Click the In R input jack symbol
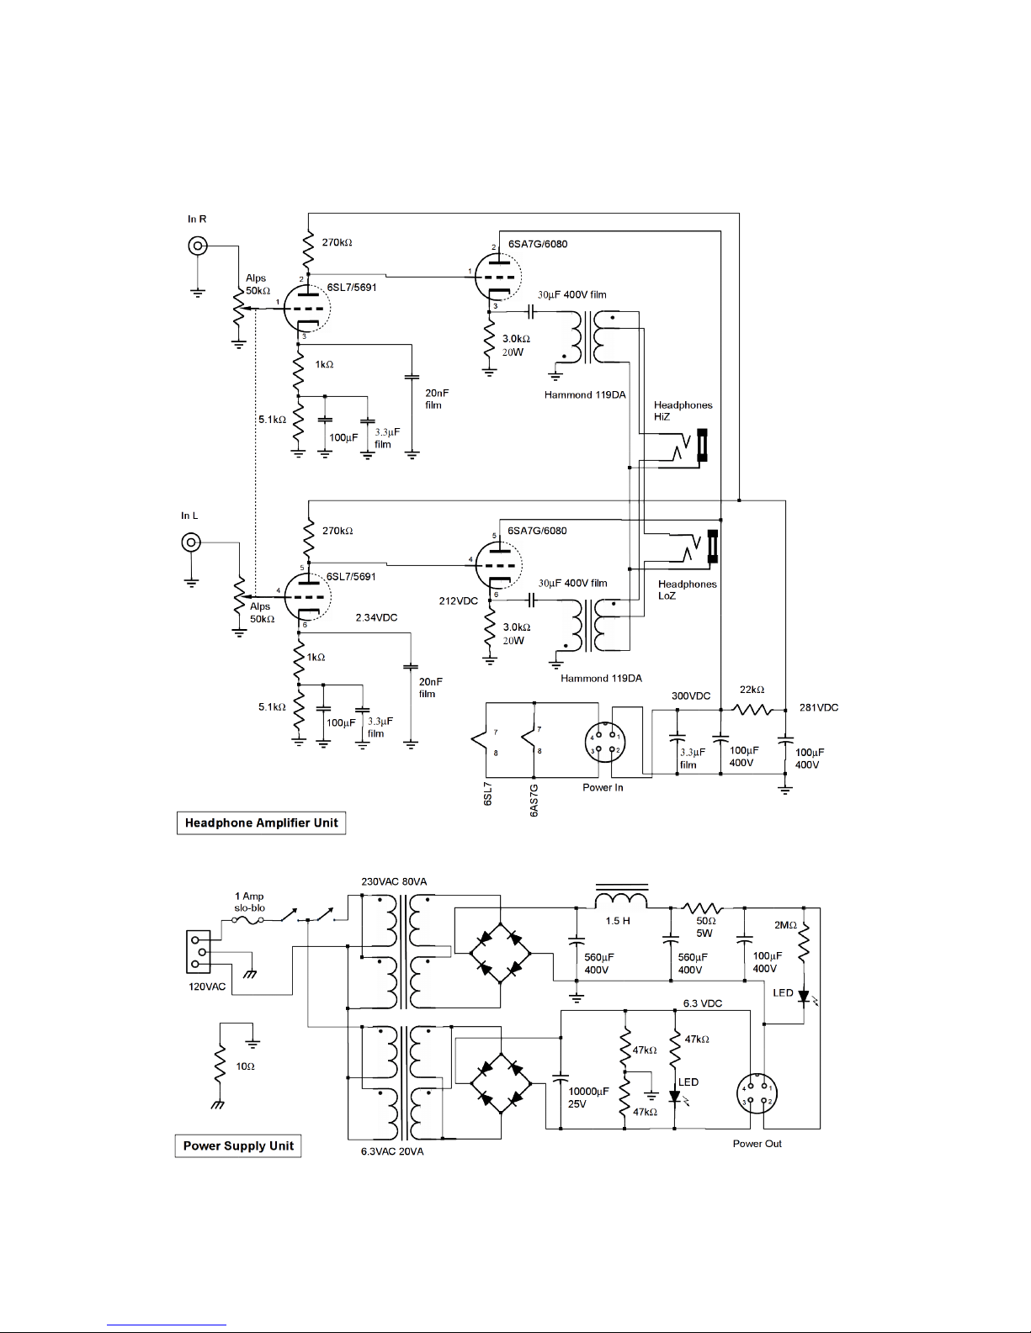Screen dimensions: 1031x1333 click(197, 246)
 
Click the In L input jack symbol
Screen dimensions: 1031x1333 click(191, 543)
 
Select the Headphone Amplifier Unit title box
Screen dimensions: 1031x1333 click(262, 823)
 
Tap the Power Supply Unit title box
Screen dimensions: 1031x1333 click(238, 1145)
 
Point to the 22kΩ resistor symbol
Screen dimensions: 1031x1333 click(753, 711)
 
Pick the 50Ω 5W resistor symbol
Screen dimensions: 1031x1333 click(702, 907)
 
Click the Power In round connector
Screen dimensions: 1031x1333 click(605, 743)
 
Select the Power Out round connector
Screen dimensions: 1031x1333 click(757, 1093)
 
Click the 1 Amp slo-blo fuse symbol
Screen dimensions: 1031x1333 click(248, 919)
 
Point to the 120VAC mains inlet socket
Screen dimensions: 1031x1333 click(199, 951)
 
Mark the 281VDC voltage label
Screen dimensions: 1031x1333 click(819, 707)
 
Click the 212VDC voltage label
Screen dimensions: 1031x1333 click(458, 600)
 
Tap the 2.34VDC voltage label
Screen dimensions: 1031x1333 click(376, 617)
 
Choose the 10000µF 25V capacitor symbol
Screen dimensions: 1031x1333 click(561, 1078)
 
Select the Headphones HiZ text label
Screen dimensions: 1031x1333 click(683, 410)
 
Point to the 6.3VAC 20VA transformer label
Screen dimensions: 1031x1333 click(392, 1151)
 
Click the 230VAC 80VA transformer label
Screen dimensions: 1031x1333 click(394, 881)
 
